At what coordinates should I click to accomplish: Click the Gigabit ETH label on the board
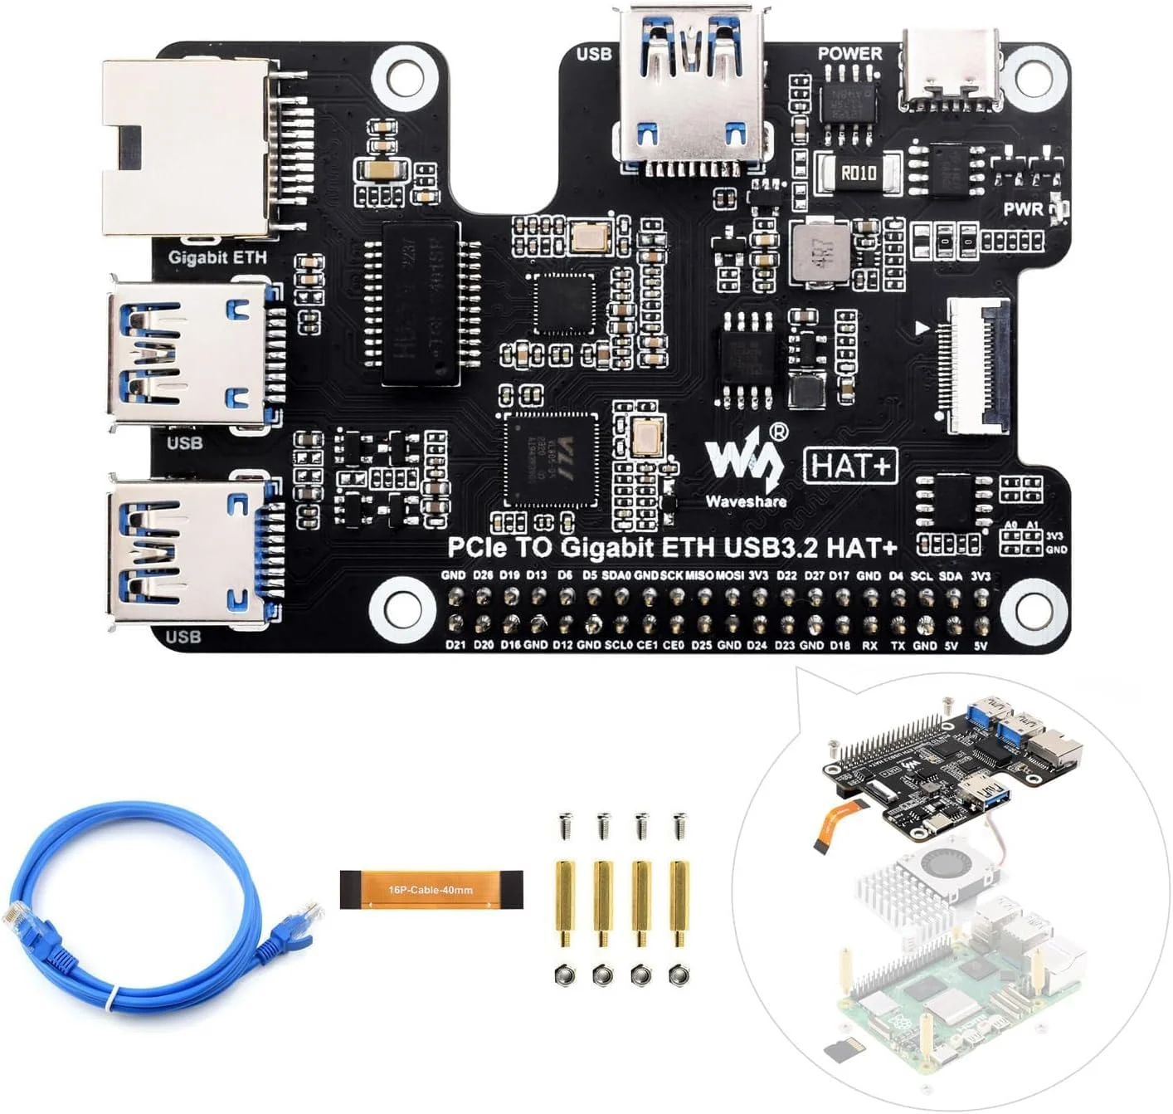[217, 257]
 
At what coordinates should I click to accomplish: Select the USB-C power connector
[952, 71]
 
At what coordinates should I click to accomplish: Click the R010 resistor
[858, 173]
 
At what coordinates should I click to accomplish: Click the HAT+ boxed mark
[851, 466]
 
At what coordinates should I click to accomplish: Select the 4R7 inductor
[820, 251]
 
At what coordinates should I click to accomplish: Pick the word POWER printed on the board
[849, 53]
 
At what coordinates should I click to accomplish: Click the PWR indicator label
[1024, 209]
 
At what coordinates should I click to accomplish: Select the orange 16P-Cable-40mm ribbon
[431, 890]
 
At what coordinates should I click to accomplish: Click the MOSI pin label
[729, 575]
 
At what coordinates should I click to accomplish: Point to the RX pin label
[869, 645]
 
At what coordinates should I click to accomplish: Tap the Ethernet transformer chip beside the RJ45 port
[421, 303]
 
